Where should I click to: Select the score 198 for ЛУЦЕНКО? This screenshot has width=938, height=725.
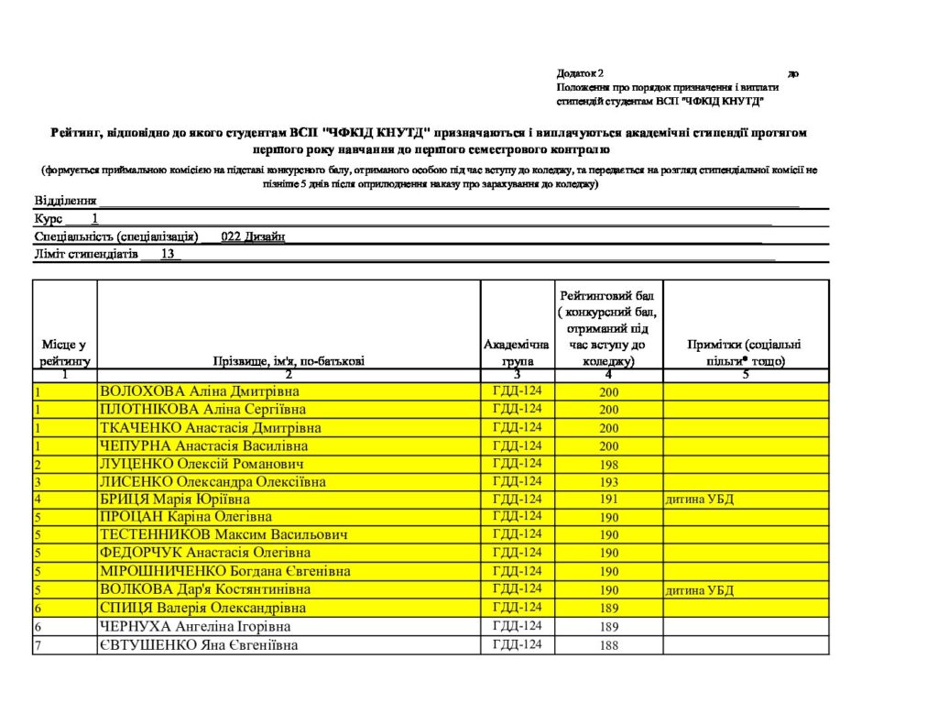[609, 465]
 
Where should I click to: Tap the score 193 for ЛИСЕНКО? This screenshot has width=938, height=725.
[609, 482]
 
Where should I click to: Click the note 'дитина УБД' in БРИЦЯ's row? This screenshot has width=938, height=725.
[700, 500]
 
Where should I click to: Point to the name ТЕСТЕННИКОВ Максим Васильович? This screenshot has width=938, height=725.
[224, 535]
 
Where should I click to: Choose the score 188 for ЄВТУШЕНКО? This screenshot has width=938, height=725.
[609, 645]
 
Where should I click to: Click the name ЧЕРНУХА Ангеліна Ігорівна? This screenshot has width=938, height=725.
[195, 627]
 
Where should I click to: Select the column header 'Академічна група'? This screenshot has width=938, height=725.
[517, 353]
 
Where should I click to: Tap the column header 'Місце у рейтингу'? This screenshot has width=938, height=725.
[64, 353]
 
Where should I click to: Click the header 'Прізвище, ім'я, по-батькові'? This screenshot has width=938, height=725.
[289, 361]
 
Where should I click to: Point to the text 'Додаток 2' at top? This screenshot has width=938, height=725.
[579, 72]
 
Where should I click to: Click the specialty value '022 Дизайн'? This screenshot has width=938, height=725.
[253, 236]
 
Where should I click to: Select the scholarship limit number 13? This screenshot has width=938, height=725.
[167, 254]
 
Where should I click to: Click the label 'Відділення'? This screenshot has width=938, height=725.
[65, 201]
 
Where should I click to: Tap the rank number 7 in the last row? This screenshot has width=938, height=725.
[38, 645]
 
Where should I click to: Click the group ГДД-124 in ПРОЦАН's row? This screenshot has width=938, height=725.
[517, 517]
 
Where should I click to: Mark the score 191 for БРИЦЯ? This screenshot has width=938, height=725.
[609, 500]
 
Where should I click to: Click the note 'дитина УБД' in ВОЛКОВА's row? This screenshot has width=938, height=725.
[700, 590]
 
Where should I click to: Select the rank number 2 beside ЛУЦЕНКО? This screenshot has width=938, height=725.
[38, 465]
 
